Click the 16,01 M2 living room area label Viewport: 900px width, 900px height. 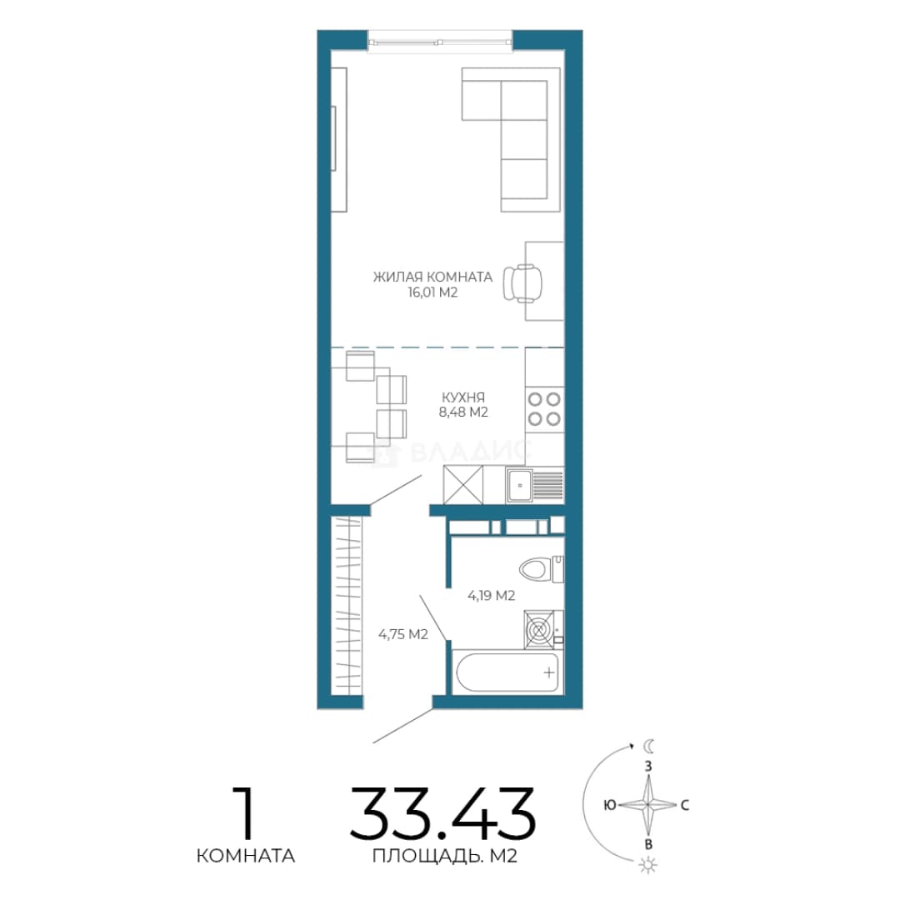[432, 292]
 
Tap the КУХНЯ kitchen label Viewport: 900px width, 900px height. [463, 397]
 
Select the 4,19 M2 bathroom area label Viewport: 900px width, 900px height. [492, 596]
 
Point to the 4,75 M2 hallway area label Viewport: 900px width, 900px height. [403, 634]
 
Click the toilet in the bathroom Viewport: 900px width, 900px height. [542, 569]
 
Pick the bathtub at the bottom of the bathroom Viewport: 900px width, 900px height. [507, 672]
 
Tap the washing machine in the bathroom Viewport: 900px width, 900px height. [543, 630]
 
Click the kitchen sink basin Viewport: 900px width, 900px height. [520, 486]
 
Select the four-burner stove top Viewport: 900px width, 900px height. [544, 408]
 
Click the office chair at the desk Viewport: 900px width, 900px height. [522, 282]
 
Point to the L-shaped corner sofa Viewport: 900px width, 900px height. [511, 139]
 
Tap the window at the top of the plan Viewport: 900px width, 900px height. [440, 42]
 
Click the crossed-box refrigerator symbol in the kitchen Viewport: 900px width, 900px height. [463, 484]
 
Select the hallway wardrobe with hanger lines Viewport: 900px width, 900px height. [347, 605]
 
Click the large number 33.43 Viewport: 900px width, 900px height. [442, 814]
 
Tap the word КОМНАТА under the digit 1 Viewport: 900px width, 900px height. [246, 856]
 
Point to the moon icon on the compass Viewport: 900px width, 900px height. [649, 746]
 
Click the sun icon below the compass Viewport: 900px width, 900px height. [648, 864]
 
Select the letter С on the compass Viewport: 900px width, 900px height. [685, 805]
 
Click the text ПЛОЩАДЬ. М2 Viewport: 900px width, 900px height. [445, 857]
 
